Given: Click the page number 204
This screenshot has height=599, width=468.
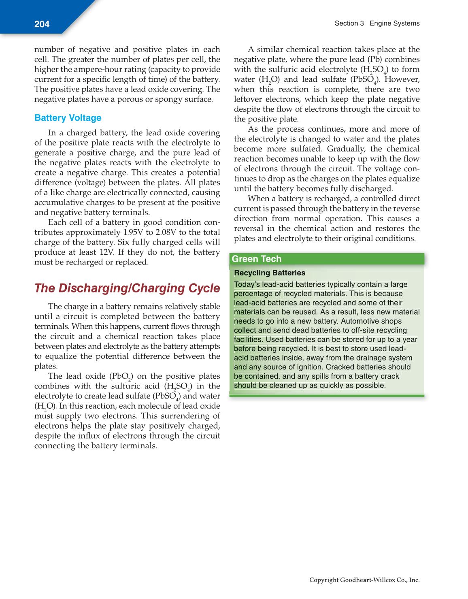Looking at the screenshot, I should coord(42,24).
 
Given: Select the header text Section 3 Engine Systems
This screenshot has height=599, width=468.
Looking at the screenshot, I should coord(377,23).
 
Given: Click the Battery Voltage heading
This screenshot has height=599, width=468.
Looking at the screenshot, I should coord(68,118).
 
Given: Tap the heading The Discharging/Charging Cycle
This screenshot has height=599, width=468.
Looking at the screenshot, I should coord(127,288).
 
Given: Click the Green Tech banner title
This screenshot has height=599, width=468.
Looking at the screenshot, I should coord(256,259).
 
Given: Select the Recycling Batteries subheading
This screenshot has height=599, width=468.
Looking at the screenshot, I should coord(270,273).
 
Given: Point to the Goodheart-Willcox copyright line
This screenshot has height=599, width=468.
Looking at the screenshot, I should coord(364,580).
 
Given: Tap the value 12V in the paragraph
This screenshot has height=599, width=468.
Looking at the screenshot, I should coord(107,252).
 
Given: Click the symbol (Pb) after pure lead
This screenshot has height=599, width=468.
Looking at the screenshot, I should coord(375,60).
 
